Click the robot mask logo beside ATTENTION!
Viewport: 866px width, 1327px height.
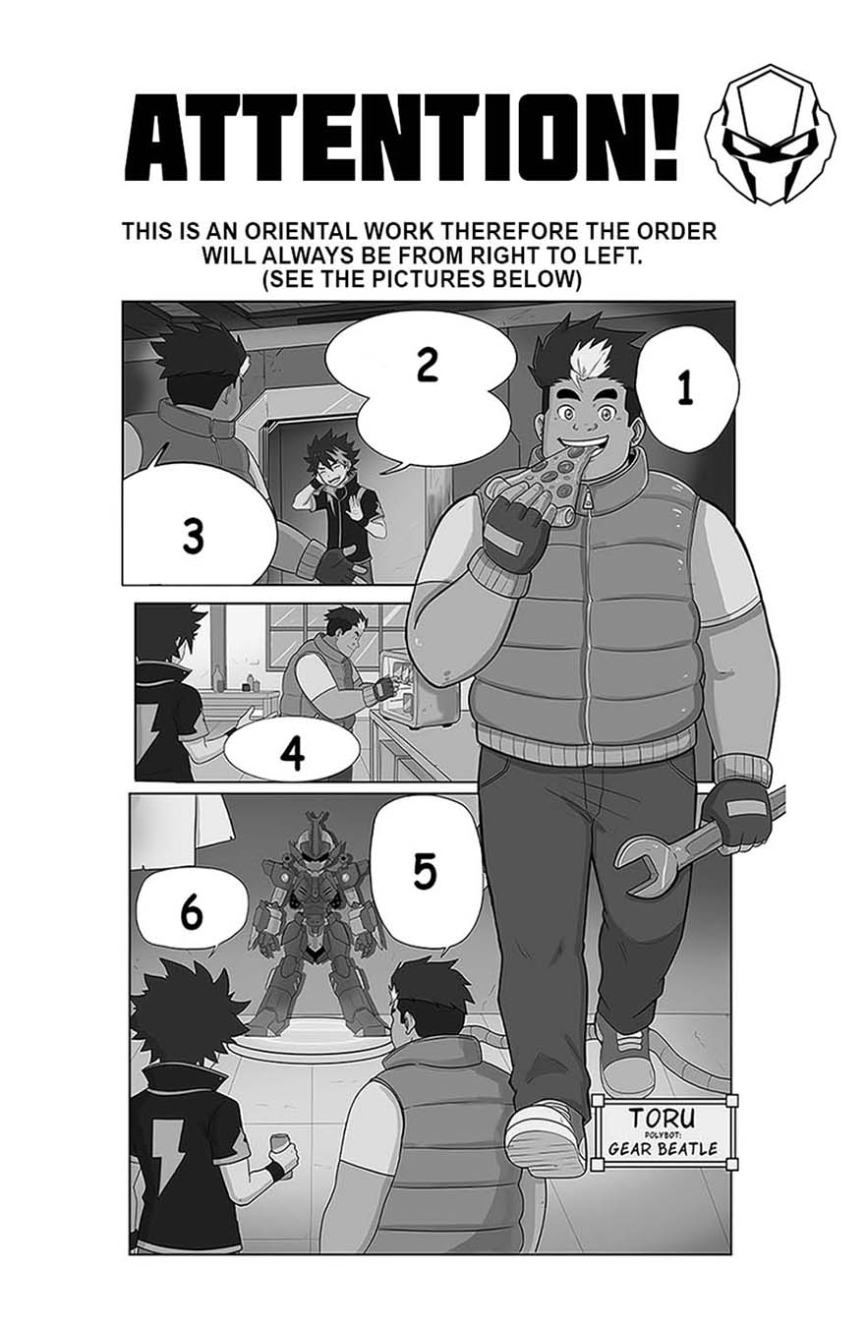click(x=770, y=135)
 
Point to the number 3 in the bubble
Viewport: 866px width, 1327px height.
click(x=193, y=536)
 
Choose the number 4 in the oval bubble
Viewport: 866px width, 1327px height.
click(x=292, y=753)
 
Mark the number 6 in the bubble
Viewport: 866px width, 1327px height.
click(x=192, y=913)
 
